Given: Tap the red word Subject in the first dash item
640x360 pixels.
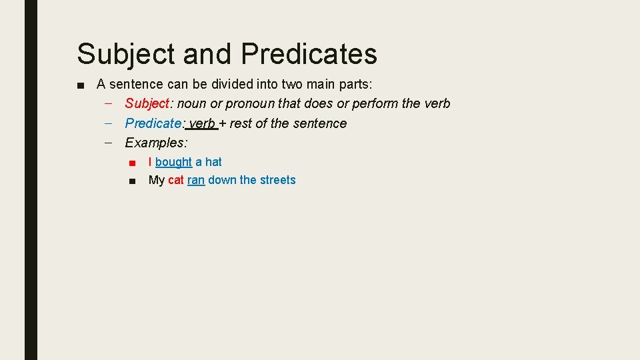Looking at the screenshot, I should [x=147, y=103].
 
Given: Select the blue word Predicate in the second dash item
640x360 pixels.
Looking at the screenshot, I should [x=153, y=123].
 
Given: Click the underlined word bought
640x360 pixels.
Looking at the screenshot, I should [x=173, y=162].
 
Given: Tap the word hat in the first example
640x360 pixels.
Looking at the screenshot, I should [x=213, y=162].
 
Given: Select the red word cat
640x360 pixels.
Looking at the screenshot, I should [x=176, y=180].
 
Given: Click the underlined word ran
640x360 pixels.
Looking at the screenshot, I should [x=196, y=180].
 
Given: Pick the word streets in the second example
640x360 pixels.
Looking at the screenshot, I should [x=277, y=180].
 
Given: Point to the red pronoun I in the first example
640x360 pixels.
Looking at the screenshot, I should [x=150, y=162].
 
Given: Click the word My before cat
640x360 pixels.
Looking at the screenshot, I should [x=157, y=180].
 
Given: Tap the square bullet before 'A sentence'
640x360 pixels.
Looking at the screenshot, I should [x=80, y=85].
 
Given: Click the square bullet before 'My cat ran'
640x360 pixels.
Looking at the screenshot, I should [x=134, y=181].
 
